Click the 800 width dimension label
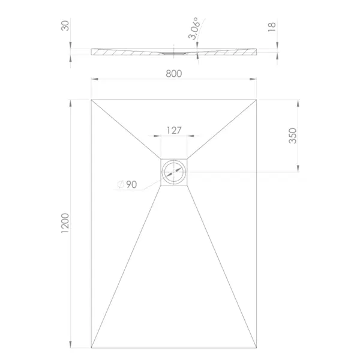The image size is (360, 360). click(174, 73)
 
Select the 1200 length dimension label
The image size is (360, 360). click(65, 223)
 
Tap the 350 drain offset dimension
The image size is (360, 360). click(293, 136)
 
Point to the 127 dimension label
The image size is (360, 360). click(174, 130)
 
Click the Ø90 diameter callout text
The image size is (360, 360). click(127, 184)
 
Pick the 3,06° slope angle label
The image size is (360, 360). click(193, 28)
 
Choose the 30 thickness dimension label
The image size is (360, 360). click(65, 25)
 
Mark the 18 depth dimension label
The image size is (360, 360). click(272, 27)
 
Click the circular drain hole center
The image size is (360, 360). click(174, 172)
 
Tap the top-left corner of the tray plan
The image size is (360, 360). click(91, 100)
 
